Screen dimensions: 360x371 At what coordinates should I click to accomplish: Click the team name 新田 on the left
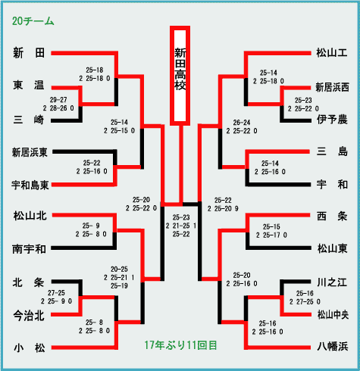point(29,53)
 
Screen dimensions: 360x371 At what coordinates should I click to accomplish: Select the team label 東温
point(29,85)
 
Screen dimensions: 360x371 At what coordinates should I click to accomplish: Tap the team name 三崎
point(29,120)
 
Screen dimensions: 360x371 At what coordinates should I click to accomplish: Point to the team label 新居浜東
point(30,152)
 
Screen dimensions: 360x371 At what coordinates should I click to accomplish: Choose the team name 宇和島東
point(30,185)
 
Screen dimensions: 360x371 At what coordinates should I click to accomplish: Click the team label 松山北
point(30,216)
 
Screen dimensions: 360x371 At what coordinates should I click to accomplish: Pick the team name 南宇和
point(29,249)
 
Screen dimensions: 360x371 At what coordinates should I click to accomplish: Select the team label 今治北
point(29,316)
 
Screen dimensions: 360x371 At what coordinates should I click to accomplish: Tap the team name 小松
point(30,348)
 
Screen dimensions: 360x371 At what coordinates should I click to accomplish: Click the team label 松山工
point(332,53)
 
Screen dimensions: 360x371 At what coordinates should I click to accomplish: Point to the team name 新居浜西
point(332,88)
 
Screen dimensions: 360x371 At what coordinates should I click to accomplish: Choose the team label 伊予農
point(332,120)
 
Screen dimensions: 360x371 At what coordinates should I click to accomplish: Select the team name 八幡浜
point(333,347)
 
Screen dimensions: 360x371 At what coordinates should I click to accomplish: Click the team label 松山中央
point(333,315)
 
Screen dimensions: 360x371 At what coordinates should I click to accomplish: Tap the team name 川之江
point(332,282)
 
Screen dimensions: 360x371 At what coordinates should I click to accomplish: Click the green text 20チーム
point(33,21)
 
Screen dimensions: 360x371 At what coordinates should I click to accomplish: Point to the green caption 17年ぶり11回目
point(180,345)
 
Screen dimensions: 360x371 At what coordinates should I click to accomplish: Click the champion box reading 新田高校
point(180,76)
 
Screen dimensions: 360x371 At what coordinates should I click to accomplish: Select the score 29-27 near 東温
point(58,100)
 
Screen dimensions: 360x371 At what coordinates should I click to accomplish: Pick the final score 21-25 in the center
point(181,226)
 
